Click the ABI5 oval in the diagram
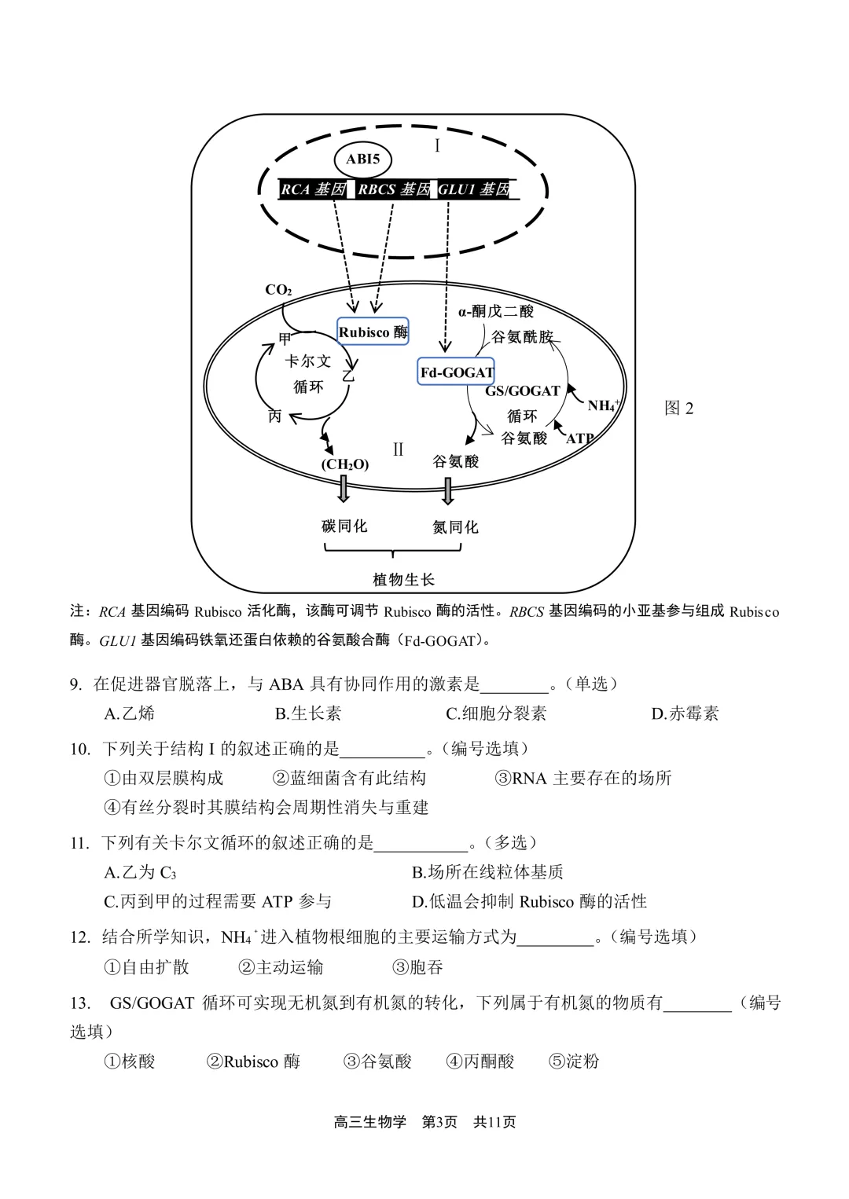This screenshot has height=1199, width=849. [x=362, y=159]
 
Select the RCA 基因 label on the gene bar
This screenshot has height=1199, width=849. [x=313, y=189]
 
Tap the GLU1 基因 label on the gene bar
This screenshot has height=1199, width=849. [x=475, y=189]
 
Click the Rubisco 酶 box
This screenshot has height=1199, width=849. [x=373, y=332]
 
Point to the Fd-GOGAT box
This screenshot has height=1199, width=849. [x=456, y=372]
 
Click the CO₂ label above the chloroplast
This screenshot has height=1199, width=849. [x=278, y=290]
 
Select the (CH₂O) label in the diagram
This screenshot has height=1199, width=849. [x=344, y=464]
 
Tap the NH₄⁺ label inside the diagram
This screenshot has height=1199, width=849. [x=603, y=405]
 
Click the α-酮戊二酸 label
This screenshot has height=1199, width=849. [x=495, y=312]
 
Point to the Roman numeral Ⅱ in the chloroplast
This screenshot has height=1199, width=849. [x=398, y=449]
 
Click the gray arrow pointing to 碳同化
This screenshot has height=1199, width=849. [x=344, y=489]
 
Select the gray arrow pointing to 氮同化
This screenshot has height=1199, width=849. [x=448, y=490]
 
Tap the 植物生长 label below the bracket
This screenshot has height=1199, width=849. [x=403, y=580]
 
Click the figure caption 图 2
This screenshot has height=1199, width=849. [x=678, y=408]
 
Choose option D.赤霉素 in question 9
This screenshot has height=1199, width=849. [x=685, y=713]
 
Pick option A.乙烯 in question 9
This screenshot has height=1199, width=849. [x=130, y=713]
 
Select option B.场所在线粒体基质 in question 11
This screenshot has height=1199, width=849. [x=487, y=872]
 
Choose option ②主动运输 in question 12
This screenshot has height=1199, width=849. [x=281, y=967]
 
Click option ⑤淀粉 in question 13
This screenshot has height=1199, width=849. [x=574, y=1061]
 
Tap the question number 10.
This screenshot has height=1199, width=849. [x=80, y=749]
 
